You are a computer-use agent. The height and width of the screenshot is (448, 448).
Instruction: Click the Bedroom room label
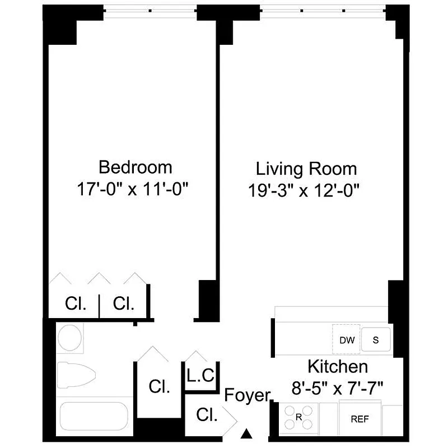[135, 167]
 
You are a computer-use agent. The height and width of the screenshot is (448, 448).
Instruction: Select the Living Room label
[306, 168]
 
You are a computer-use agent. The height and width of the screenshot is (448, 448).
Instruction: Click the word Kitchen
[338, 367]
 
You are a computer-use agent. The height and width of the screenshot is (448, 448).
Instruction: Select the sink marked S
[376, 339]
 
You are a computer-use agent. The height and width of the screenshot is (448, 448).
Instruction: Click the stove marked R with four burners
[299, 418]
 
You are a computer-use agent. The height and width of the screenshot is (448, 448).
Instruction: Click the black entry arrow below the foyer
[246, 433]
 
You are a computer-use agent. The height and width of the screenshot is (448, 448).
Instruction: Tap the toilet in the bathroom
[76, 376]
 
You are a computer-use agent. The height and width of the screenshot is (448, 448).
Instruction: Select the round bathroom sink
[71, 338]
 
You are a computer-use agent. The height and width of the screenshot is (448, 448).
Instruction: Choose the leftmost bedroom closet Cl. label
[76, 304]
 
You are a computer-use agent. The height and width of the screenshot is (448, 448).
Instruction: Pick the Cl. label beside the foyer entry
[207, 415]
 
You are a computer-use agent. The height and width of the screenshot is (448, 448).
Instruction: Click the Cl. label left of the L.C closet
[159, 387]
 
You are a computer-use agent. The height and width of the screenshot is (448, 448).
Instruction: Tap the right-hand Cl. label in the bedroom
[123, 304]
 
